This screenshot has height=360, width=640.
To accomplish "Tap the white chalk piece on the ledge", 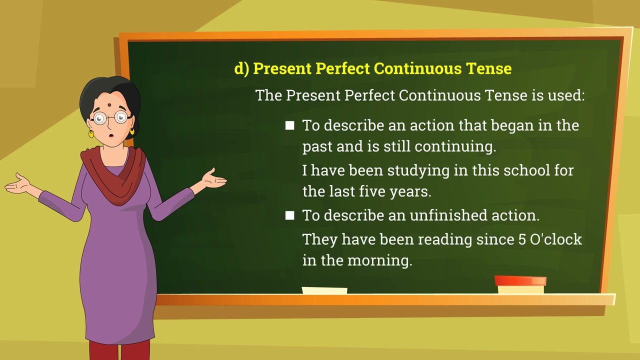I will (x=324, y=290).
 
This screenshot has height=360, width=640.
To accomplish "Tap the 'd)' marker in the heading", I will (x=241, y=69).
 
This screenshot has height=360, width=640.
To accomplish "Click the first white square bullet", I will (x=289, y=125).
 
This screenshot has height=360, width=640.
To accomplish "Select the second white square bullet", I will (x=289, y=215).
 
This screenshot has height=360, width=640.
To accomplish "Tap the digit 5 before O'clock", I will (x=522, y=239).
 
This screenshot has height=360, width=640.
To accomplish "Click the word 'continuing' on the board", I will (x=454, y=147).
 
